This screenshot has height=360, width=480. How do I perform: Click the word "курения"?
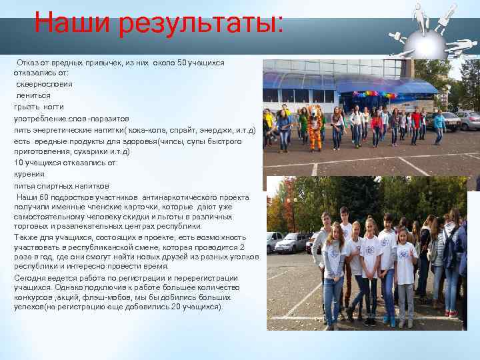point(29,174)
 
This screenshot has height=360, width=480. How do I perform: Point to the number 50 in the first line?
point(183,62)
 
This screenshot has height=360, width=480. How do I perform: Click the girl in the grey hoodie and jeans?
point(333,273)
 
